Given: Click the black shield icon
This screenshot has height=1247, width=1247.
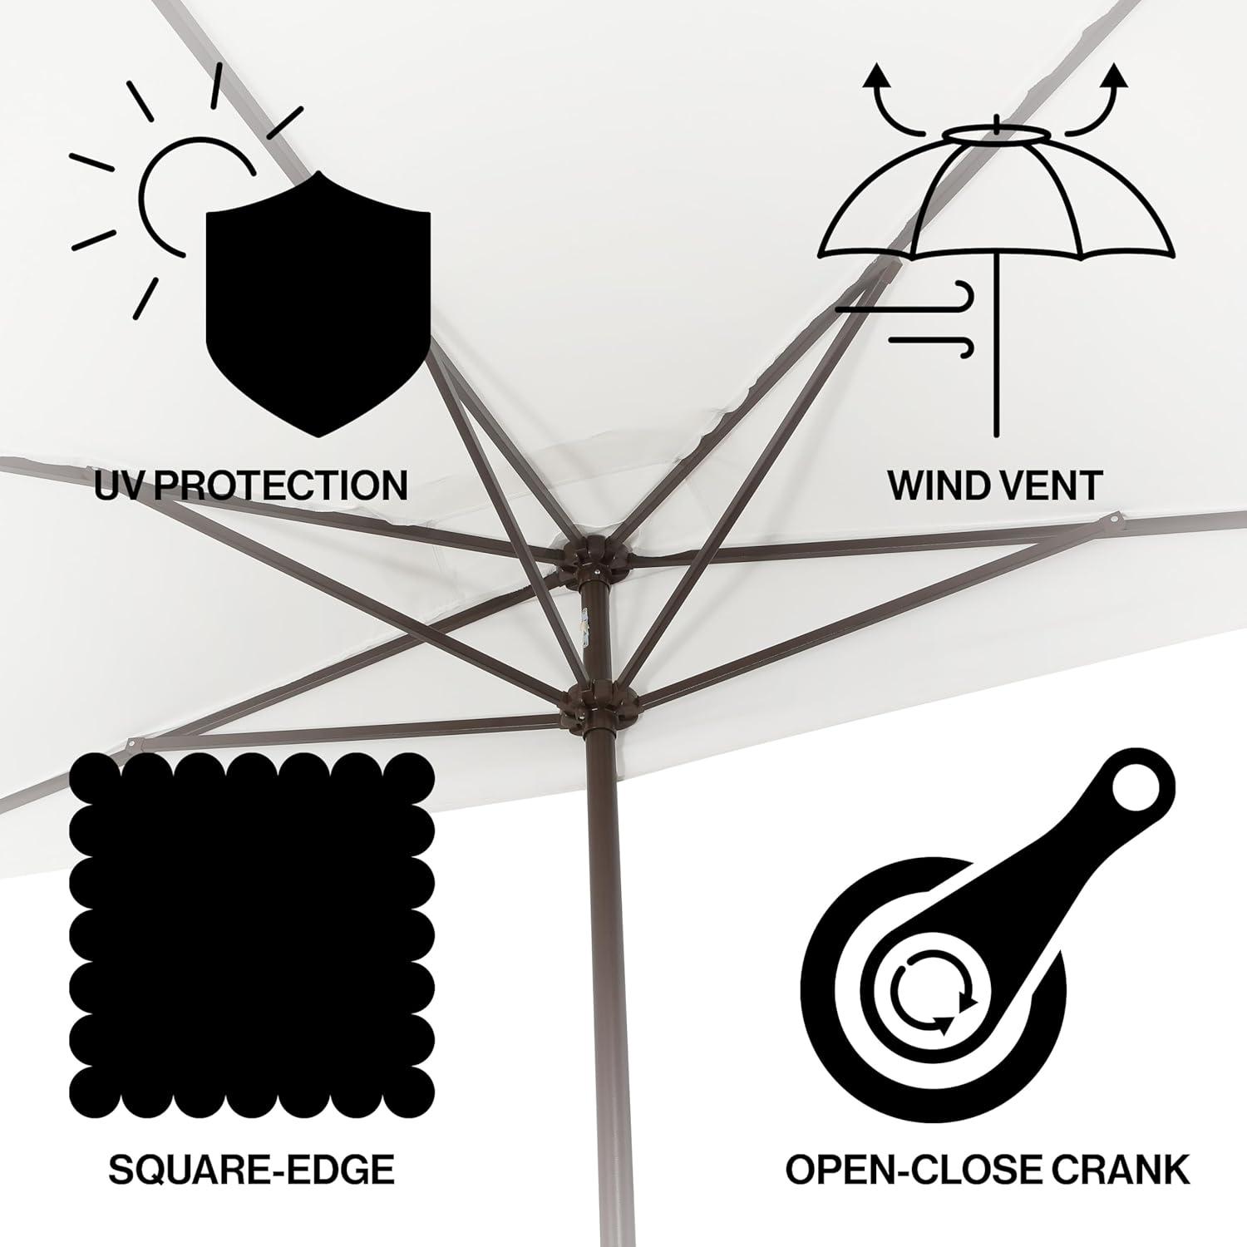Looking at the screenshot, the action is click(318, 303).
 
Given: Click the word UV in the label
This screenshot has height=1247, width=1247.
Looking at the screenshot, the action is click(122, 485).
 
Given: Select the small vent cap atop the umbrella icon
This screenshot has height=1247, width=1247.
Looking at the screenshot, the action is click(996, 133).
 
